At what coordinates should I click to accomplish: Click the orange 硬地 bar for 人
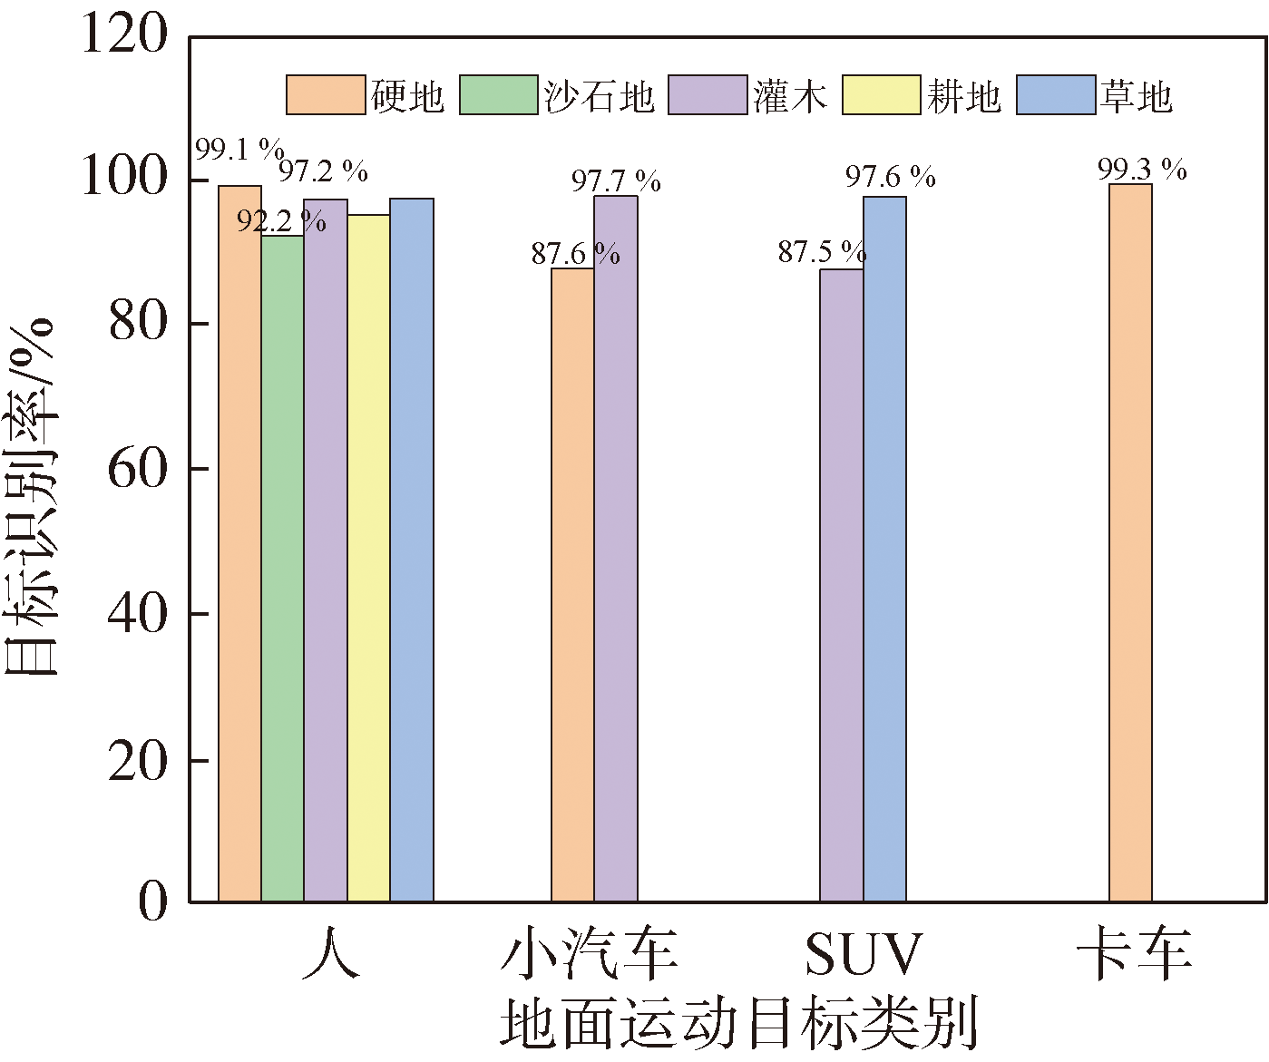tap(239, 544)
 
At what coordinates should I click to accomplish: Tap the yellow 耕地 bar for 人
tap(368, 559)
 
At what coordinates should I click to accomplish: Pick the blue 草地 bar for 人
tap(412, 550)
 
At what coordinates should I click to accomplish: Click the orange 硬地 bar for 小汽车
tap(572, 585)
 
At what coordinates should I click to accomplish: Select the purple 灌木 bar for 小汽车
tap(616, 549)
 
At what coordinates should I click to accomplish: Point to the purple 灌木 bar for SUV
tap(841, 586)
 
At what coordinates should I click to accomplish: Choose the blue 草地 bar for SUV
tap(884, 550)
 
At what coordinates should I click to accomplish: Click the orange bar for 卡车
tap(1130, 543)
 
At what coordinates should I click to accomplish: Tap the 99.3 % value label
tap(1142, 170)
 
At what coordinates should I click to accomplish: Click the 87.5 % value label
tap(822, 252)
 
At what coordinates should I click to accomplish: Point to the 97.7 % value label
tap(616, 181)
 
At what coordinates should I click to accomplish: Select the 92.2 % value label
tap(281, 220)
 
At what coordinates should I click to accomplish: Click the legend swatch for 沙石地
tap(499, 95)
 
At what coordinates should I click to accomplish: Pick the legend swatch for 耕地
tap(881, 95)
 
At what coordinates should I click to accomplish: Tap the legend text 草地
tap(1137, 96)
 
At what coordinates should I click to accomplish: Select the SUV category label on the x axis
tap(863, 954)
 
